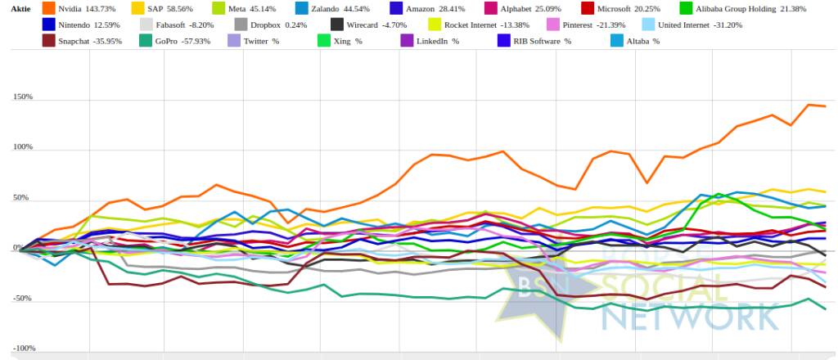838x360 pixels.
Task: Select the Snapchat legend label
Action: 90,40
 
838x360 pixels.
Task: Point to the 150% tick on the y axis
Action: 23,97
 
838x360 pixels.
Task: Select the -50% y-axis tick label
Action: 23,299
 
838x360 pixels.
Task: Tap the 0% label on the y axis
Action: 27,249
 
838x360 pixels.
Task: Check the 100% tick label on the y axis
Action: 23,148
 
